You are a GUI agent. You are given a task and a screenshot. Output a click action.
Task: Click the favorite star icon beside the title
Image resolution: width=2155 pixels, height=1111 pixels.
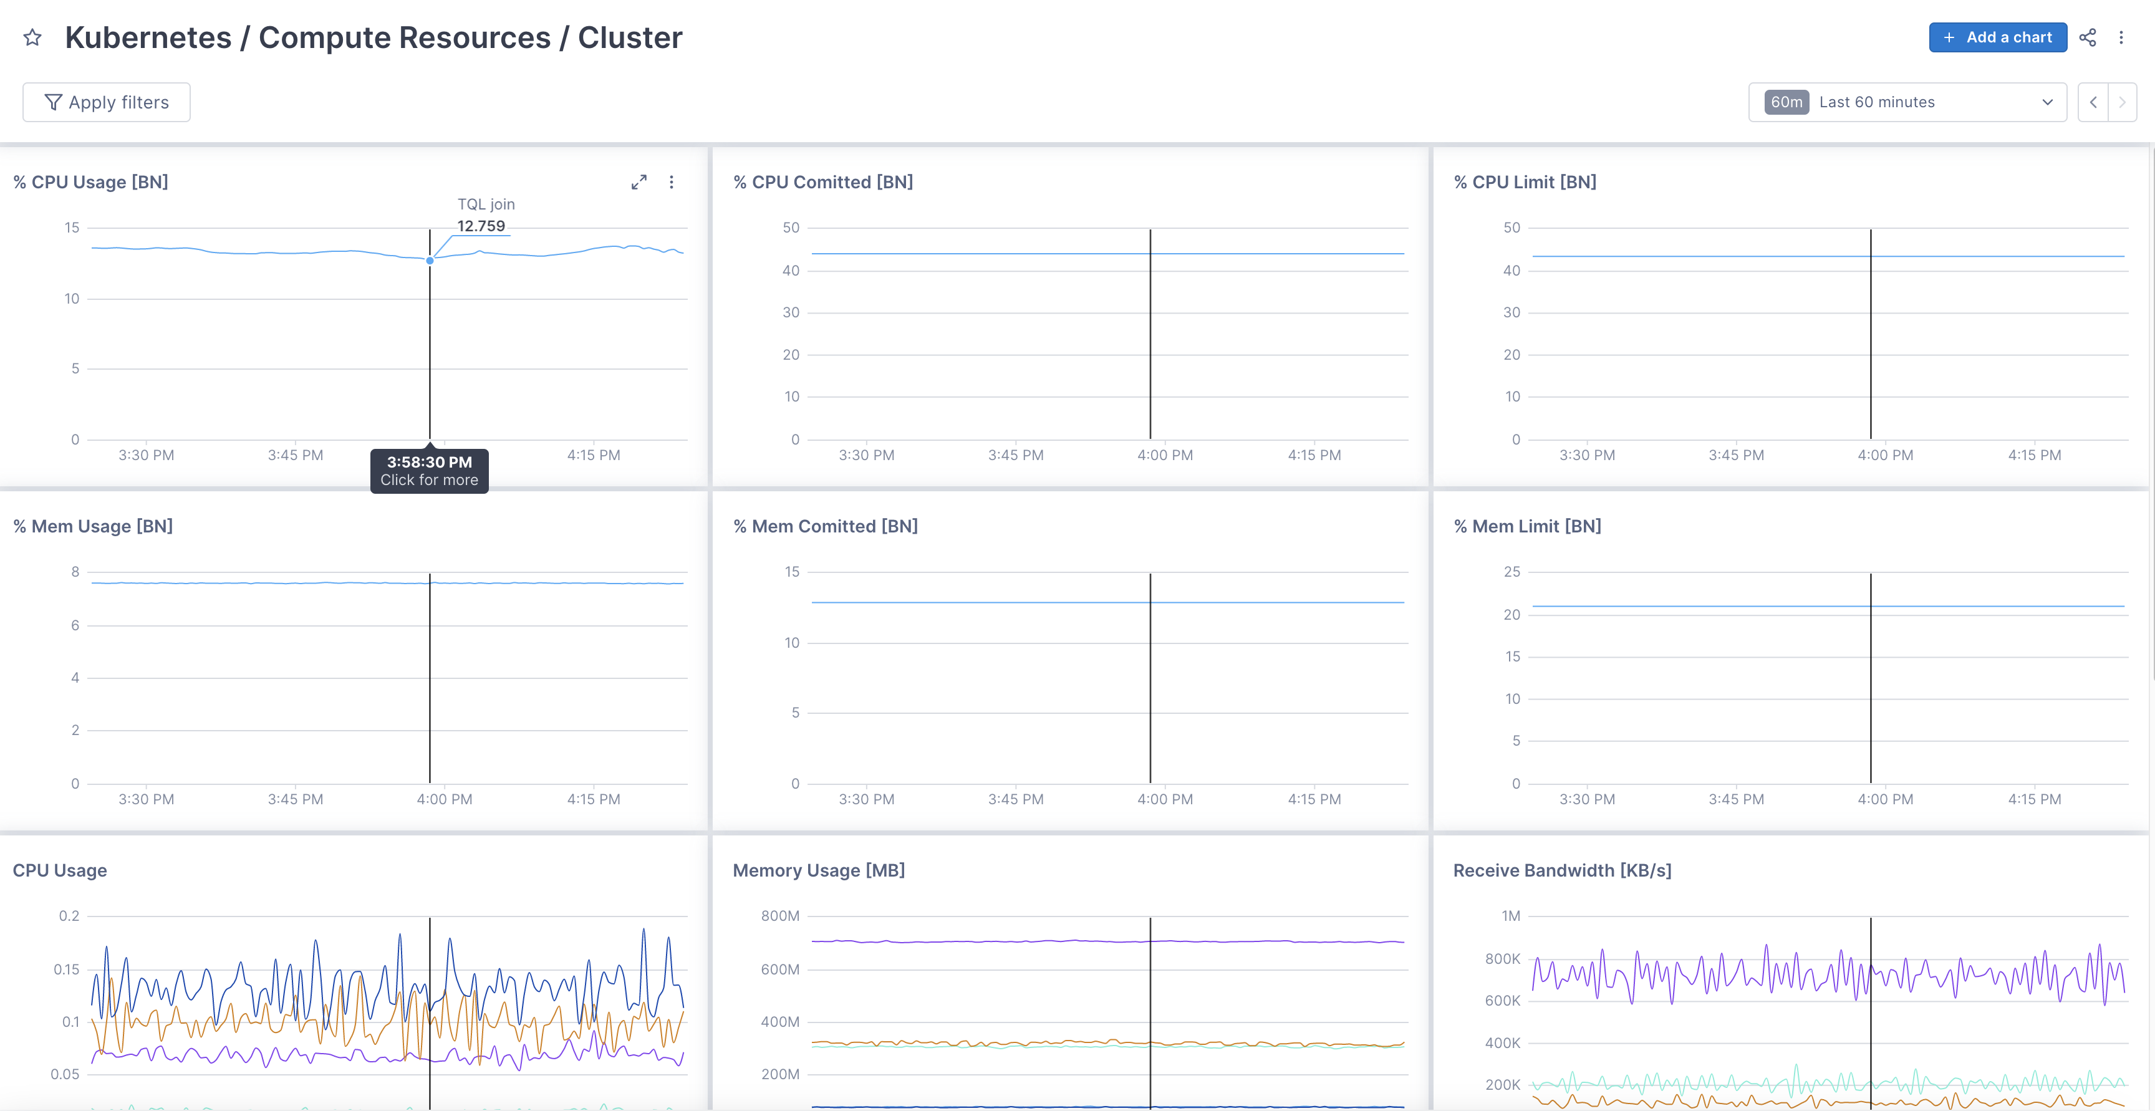tap(32, 37)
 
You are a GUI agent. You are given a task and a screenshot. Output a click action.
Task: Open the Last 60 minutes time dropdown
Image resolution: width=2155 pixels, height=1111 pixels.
tap(1907, 102)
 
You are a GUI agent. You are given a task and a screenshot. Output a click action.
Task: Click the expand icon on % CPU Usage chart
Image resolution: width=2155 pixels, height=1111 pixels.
tap(639, 183)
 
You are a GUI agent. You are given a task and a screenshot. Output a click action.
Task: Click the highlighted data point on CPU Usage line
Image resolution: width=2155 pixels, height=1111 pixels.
tap(430, 260)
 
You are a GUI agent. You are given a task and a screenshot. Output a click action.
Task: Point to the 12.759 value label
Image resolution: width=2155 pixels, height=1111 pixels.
tap(481, 226)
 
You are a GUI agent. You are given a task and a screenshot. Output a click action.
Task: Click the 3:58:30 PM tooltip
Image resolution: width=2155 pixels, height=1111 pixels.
tap(429, 470)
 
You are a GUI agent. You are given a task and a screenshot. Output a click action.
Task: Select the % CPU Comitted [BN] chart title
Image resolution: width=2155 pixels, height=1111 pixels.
tap(822, 183)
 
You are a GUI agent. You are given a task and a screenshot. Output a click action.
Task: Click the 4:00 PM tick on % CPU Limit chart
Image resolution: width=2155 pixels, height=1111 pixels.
tap(1885, 455)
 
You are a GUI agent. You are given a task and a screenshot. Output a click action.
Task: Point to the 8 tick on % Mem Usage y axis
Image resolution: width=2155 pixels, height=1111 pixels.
tap(75, 572)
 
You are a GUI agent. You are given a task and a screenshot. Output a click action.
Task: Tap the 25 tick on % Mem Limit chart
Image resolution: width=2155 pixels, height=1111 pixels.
tap(1511, 572)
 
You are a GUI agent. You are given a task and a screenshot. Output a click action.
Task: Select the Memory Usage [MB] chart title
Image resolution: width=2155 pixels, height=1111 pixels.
tap(818, 870)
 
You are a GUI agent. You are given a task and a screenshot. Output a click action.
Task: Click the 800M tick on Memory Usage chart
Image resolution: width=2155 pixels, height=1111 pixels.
tap(779, 916)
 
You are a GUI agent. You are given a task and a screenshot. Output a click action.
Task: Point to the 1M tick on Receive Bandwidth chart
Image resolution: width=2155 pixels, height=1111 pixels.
tap(1510, 916)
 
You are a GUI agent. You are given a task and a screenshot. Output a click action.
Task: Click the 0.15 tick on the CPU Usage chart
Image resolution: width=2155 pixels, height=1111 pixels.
tap(66, 969)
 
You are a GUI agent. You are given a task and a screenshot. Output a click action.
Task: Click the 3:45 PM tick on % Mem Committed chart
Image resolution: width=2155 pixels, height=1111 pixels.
tap(1016, 799)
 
